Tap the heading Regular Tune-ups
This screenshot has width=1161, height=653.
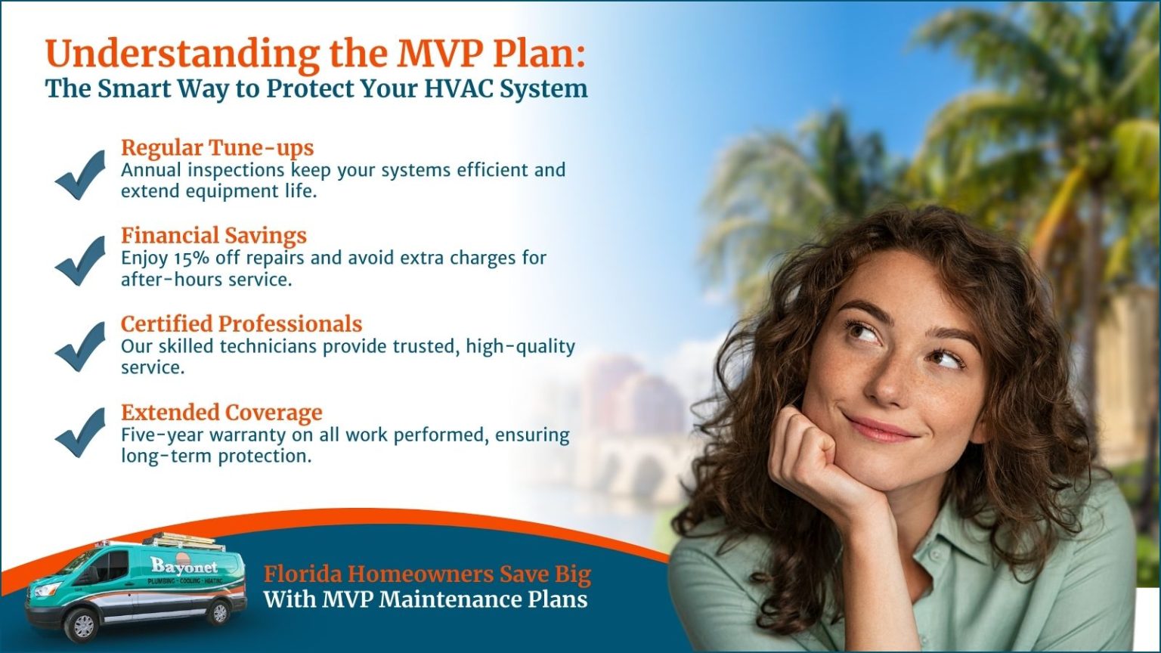[217, 147]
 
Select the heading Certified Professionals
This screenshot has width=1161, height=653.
[241, 323]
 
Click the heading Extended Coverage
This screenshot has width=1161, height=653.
[221, 413]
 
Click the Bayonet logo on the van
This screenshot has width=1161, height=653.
[184, 565]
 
